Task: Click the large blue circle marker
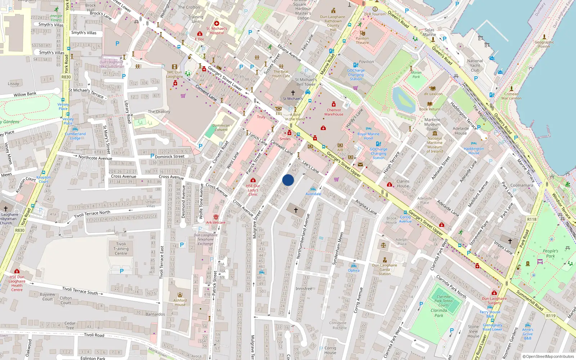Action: pos(288,180)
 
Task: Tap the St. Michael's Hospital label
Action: pos(217,31)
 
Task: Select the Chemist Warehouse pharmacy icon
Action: pos(333,104)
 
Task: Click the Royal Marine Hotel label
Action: pos(368,136)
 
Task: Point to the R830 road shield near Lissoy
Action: pos(66,77)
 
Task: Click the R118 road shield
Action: pos(532,219)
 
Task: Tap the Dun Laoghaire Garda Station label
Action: pos(384,269)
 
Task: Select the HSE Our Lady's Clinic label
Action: pos(253,190)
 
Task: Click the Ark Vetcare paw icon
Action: pos(216,217)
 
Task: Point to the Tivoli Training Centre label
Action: pos(121,249)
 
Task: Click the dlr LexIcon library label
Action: pos(433,94)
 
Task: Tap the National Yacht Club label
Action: pos(475,66)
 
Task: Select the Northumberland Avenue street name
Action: pos(303,236)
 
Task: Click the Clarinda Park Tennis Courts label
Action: pos(444,301)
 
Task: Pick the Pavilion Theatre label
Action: pos(362,40)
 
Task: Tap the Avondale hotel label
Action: pos(313,194)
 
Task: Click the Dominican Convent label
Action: pos(221,127)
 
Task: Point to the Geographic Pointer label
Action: pos(544,44)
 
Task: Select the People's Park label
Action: pos(550,253)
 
